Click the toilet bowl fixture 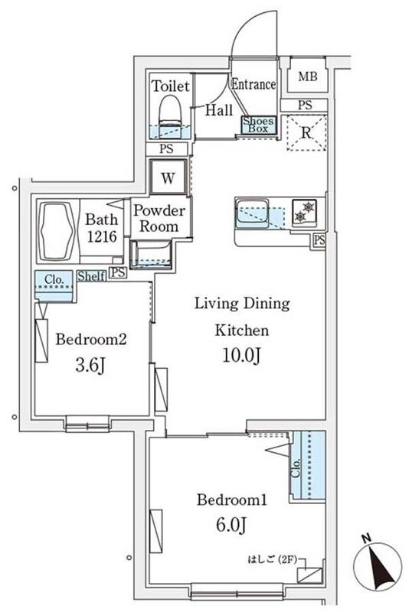click(x=169, y=114)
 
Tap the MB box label click(x=307, y=76)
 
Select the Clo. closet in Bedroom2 click(x=53, y=282)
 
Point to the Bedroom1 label click(x=232, y=500)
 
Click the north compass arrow click(x=377, y=565)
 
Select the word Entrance click(x=253, y=84)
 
